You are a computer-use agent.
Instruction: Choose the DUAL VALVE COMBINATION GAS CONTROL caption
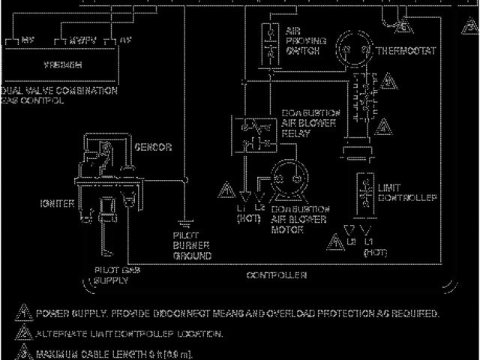[59, 94]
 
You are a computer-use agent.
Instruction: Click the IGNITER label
[57, 203]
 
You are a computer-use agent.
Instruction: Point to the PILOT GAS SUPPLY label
[111, 274]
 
